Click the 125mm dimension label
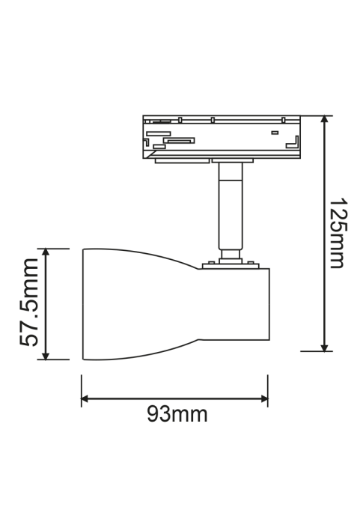point(338,234)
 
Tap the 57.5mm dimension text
point(28,303)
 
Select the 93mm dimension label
point(177,414)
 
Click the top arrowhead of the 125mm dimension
point(324,119)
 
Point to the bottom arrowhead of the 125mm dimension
point(324,348)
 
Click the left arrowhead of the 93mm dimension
point(85,398)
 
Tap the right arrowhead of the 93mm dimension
point(264,398)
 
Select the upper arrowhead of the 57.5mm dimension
point(46,252)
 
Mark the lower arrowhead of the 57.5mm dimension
point(46,356)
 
